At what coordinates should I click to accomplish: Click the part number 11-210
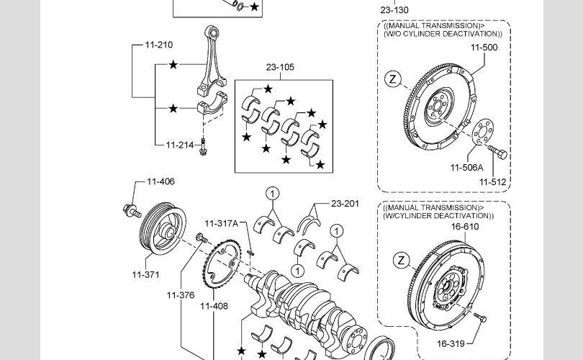pyautogui.click(x=159, y=45)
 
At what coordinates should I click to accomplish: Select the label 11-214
pyautogui.click(x=180, y=145)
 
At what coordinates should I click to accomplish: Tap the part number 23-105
pyautogui.click(x=280, y=67)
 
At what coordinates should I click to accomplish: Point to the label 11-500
pyautogui.click(x=484, y=48)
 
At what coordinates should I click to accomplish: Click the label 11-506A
pyautogui.click(x=466, y=168)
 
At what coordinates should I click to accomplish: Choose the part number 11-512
pyautogui.click(x=492, y=182)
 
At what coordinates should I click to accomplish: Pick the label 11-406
pyautogui.click(x=161, y=181)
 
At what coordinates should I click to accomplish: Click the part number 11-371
pyautogui.click(x=145, y=274)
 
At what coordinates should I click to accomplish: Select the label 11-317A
pyautogui.click(x=221, y=223)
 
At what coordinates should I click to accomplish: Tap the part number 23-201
pyautogui.click(x=345, y=204)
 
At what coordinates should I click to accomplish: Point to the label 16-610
pyautogui.click(x=465, y=227)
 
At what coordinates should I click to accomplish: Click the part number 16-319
pyautogui.click(x=451, y=343)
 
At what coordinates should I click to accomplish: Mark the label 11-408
pyautogui.click(x=214, y=306)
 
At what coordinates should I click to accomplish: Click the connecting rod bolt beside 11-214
pyautogui.click(x=203, y=147)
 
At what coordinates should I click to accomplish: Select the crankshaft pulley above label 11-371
pyautogui.click(x=163, y=229)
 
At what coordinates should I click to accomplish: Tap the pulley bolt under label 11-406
pyautogui.click(x=132, y=211)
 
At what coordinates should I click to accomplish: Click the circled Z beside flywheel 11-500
pyautogui.click(x=393, y=79)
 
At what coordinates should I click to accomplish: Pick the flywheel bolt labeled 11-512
pyautogui.click(x=498, y=152)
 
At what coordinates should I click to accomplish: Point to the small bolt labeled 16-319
pyautogui.click(x=480, y=318)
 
